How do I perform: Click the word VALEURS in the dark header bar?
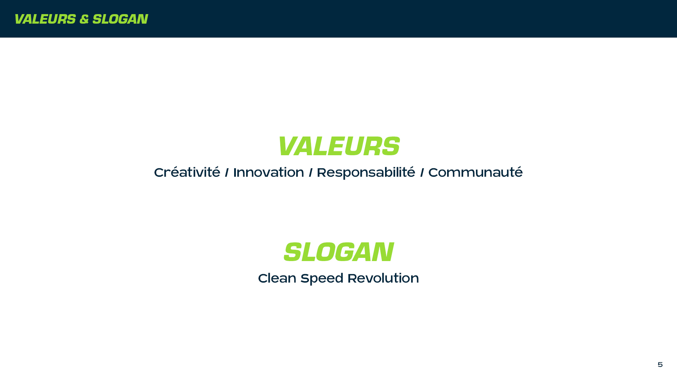pos(45,19)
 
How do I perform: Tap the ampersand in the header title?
pos(84,19)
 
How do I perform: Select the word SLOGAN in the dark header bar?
pos(120,19)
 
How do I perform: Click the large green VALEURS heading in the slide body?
pos(338,146)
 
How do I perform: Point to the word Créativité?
pos(187,172)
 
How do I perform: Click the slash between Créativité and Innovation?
pos(227,173)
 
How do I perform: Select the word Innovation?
pos(269,173)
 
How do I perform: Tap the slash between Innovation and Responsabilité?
pos(311,173)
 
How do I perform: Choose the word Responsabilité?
pos(366,173)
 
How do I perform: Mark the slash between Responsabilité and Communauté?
pos(422,173)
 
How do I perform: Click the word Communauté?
pos(476,172)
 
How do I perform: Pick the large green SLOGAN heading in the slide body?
pos(338,252)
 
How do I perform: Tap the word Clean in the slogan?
pos(277,278)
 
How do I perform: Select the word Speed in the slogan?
pos(322,279)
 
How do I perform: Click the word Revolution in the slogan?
pos(383,278)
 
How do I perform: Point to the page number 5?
pos(660,364)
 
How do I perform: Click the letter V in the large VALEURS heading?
pos(289,146)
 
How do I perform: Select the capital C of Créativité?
pos(160,173)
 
